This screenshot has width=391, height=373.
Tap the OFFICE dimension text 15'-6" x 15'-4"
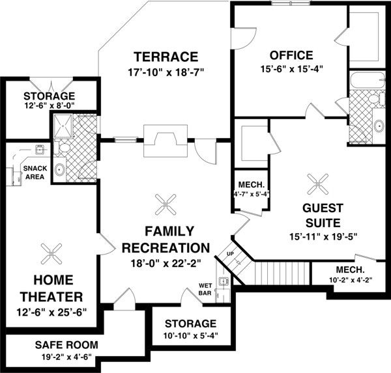click(287, 68)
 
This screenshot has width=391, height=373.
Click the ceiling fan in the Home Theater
click(50, 253)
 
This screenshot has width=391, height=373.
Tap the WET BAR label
click(206, 288)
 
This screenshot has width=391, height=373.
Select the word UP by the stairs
click(229, 253)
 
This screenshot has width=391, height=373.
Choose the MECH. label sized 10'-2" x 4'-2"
click(350, 269)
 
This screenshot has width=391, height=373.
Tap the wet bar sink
click(223, 281)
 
